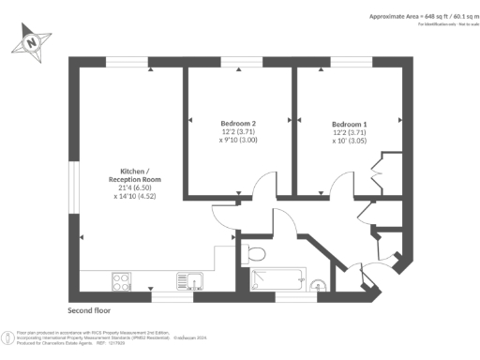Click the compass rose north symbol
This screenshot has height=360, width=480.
tap(32, 42)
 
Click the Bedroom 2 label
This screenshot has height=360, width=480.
tap(238, 124)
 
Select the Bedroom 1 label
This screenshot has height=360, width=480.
tap(349, 124)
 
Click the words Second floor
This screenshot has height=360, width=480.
tap(89, 309)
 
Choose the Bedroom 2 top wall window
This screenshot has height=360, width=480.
tap(238, 62)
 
